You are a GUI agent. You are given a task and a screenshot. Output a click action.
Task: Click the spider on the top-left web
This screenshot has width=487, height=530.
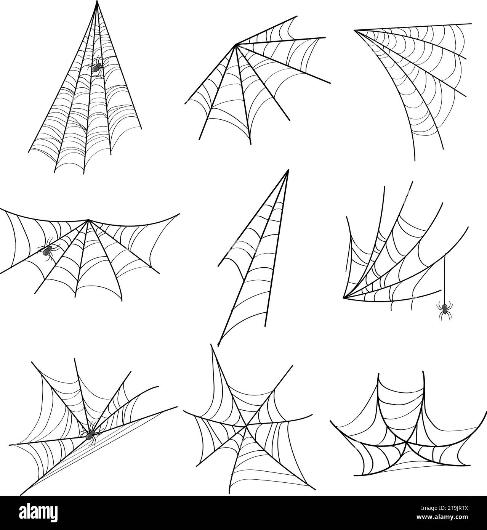click(x=96, y=67)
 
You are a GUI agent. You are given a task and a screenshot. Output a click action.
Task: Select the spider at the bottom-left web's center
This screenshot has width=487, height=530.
click(x=90, y=435)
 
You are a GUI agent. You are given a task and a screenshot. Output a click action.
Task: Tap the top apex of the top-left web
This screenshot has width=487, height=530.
click(x=97, y=2)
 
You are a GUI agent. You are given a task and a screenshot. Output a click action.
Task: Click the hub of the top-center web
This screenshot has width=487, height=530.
click(x=236, y=45)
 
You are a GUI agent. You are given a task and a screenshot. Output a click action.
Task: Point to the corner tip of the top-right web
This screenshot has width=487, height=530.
click(x=355, y=30)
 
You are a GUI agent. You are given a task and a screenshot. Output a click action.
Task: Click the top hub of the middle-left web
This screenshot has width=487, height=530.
click(x=88, y=220)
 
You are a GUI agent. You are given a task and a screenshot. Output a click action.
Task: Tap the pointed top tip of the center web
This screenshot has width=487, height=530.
click(x=288, y=170)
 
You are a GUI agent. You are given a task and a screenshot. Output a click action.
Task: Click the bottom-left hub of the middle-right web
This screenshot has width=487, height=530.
click(x=344, y=297)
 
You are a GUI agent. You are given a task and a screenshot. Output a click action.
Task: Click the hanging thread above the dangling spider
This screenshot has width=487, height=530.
click(x=445, y=278)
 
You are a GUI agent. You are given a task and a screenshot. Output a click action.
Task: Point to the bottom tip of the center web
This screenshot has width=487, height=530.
click(x=218, y=345)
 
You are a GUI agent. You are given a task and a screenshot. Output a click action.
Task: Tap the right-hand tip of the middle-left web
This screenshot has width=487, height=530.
click(x=179, y=214)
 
